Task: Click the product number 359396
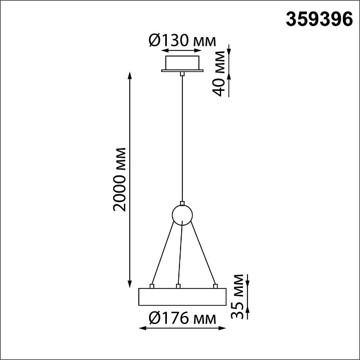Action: tap(318, 19)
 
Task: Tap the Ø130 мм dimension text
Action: tap(182, 41)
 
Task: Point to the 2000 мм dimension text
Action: tap(119, 179)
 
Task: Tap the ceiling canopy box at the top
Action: tap(182, 63)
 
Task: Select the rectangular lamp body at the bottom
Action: tap(182, 297)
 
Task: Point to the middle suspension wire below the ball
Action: tap(181, 254)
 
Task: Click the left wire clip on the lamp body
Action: tap(151, 285)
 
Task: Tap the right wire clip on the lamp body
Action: tap(215, 285)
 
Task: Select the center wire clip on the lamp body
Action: tap(178, 285)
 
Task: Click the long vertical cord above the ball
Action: tap(182, 137)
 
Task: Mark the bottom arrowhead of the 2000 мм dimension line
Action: tap(131, 285)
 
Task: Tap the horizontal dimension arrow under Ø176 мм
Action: tap(183, 329)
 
